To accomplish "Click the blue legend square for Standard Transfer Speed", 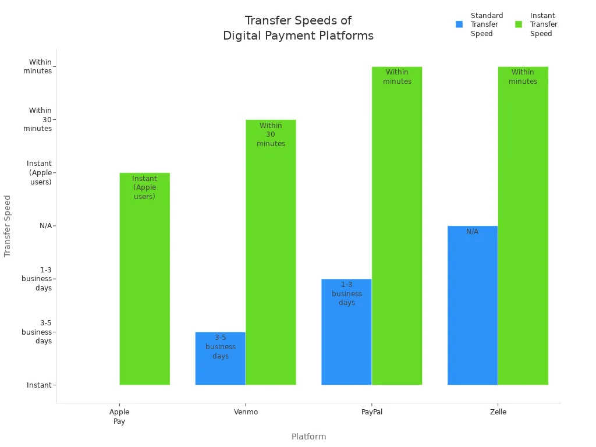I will point(459,24).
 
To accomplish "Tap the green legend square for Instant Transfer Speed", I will point(519,24).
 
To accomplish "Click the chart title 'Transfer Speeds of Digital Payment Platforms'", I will point(298,28).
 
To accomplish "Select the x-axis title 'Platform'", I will point(308,437).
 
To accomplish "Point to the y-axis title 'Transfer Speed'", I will point(8,226).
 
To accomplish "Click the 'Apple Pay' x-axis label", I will point(119,416).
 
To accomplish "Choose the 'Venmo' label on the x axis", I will point(245,412).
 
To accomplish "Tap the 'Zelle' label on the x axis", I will point(498,412).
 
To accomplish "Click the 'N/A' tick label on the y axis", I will point(45,226).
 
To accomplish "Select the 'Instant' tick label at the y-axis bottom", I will point(39,385).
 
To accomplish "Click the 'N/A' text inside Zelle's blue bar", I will point(472,232).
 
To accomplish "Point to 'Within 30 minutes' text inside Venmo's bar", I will point(271,134).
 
